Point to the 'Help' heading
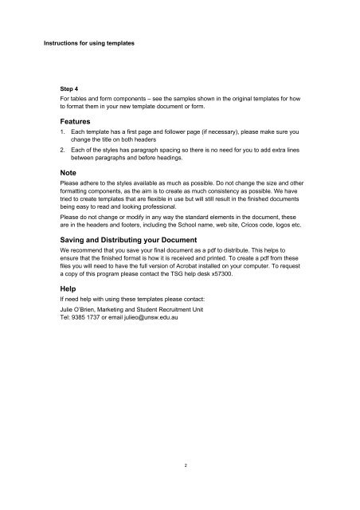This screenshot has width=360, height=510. pos(70,290)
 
